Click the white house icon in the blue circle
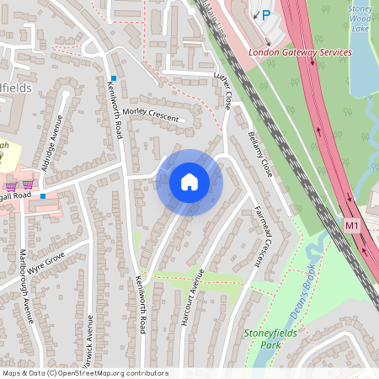189,181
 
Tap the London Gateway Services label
300,52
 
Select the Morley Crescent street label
151,115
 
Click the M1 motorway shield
352,227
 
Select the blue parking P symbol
265,14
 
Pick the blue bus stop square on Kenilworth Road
113,78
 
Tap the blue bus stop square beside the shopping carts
44,195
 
